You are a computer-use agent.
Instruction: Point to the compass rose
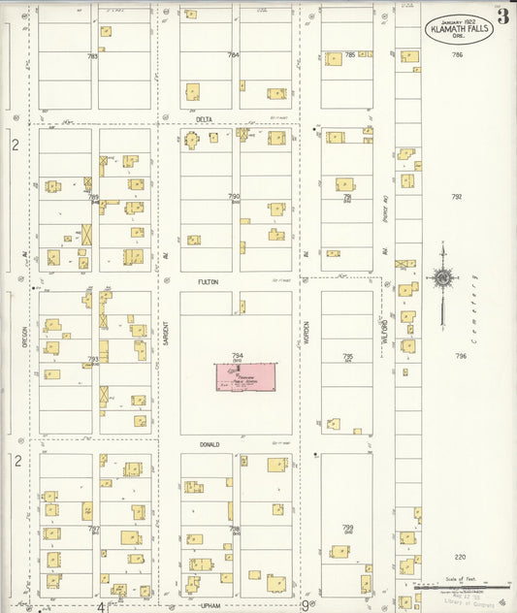pos(442,278)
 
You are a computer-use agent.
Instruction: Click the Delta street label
pos(205,118)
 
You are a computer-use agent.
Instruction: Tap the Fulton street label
pos(208,281)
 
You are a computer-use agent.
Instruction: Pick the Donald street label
pos(210,444)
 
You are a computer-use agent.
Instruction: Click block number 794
pos(236,356)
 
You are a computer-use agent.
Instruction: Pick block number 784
pos(233,55)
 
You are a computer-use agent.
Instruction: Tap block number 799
pos(347,527)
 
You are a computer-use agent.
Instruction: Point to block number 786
pos(458,55)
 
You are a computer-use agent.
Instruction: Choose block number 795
pos(347,356)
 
